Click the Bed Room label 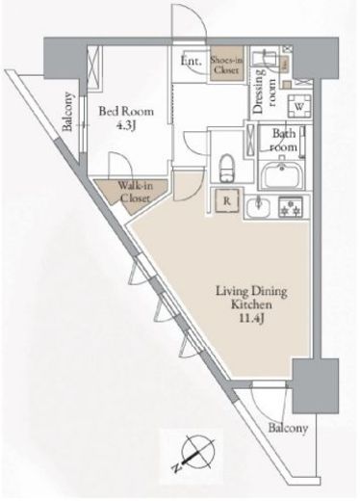(x=126, y=112)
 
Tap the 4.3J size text (x=126, y=125)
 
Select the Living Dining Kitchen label (x=251, y=298)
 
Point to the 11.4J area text (x=251, y=318)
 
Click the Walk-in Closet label (x=135, y=192)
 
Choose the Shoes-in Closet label (x=227, y=65)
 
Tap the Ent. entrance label (x=192, y=61)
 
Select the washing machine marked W (x=299, y=107)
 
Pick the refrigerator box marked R (x=227, y=201)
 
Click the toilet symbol (x=227, y=169)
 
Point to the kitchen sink (x=259, y=207)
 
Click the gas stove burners (x=291, y=206)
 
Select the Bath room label (x=284, y=140)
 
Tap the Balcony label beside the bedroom (x=67, y=112)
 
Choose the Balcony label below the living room (x=288, y=428)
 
